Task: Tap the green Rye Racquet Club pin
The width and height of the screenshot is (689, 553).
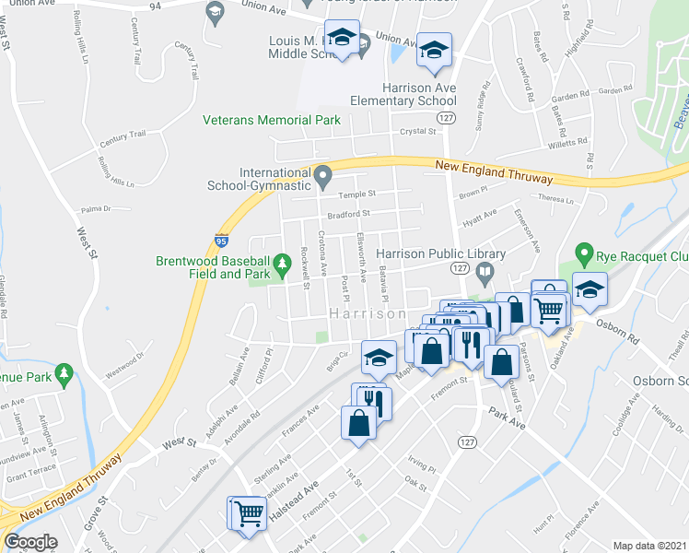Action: pyautogui.click(x=582, y=252)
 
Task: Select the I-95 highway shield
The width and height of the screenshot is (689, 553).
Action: pyautogui.click(x=222, y=240)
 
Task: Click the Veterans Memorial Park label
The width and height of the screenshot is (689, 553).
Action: pyautogui.click(x=272, y=120)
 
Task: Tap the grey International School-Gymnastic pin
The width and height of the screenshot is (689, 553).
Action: pyautogui.click(x=322, y=174)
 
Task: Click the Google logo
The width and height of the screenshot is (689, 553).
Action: pyautogui.click(x=30, y=542)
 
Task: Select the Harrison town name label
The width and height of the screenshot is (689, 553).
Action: pyautogui.click(x=368, y=314)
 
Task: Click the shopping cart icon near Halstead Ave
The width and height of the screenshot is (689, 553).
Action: pyautogui.click(x=247, y=512)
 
